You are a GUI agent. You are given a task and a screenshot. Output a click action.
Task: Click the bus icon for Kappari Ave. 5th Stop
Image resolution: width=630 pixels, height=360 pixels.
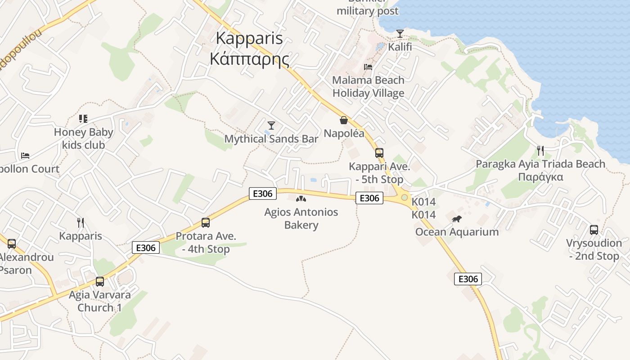point(379,153)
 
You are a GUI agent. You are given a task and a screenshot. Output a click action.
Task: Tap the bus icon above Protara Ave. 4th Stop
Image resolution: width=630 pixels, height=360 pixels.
point(206,222)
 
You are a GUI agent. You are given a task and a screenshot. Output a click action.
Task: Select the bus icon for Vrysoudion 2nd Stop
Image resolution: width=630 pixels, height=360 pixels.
point(594,229)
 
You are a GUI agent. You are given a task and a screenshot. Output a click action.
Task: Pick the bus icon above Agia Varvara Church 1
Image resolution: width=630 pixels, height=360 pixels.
point(100,282)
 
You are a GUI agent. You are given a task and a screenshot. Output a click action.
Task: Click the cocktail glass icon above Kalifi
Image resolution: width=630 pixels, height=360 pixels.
point(400,33)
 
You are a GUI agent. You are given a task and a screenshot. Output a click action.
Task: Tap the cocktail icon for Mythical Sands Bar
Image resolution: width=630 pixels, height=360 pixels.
point(271,125)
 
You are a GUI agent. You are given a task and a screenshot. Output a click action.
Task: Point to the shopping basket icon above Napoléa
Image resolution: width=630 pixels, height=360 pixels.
point(344,120)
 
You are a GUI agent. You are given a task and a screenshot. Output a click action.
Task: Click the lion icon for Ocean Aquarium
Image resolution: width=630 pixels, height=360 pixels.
point(457,219)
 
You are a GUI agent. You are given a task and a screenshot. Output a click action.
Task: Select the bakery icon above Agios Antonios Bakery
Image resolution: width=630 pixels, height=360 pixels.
point(301,198)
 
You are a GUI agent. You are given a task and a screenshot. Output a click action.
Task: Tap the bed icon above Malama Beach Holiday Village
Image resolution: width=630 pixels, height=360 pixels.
point(368,67)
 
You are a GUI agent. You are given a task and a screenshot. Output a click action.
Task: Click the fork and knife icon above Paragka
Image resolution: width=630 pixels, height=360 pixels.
point(540,150)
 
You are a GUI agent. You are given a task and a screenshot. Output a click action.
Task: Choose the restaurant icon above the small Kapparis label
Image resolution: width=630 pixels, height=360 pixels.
point(81,222)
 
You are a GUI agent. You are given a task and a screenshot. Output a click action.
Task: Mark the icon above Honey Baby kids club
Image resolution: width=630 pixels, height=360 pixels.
point(83,119)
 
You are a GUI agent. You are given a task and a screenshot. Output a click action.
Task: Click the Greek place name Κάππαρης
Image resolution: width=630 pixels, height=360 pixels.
point(249,58)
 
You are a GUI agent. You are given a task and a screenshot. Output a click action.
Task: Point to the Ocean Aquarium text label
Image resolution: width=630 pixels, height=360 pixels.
point(457,232)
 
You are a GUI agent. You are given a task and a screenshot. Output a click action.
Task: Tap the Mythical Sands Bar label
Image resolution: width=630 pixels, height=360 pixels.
point(271,139)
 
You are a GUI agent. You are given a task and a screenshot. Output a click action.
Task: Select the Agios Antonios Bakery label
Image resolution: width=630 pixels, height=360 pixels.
point(301,218)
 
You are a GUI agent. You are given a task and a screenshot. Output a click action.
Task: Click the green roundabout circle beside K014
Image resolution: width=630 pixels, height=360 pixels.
point(404,198)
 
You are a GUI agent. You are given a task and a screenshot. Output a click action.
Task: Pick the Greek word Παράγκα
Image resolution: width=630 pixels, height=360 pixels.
point(540,176)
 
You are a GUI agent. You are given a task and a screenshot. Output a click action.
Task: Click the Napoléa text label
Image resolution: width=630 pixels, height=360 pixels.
point(344,133)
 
